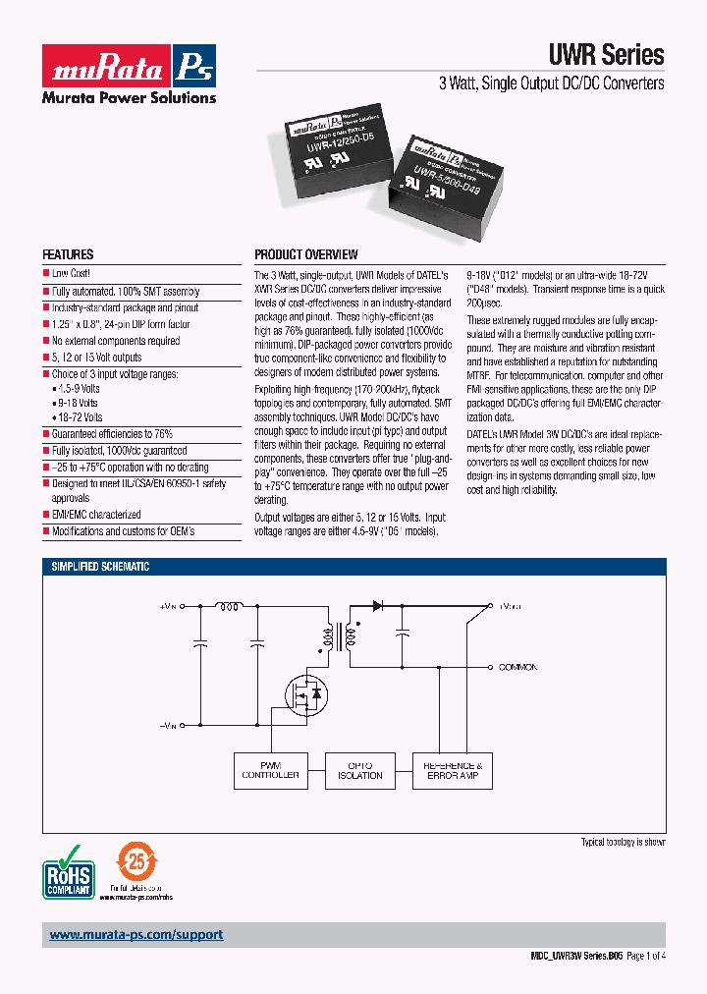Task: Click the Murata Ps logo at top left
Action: pyautogui.click(x=128, y=65)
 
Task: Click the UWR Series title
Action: pyautogui.click(x=605, y=55)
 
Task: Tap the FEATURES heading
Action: pyautogui.click(x=68, y=254)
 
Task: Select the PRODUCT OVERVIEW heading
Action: pyautogui.click(x=306, y=254)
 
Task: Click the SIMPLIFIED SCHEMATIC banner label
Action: pyautogui.click(x=100, y=567)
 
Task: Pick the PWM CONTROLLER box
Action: pyautogui.click(x=270, y=770)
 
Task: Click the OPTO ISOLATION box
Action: pyautogui.click(x=360, y=770)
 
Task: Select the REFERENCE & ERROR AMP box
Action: pyautogui.click(x=451, y=770)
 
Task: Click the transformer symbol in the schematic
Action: pyautogui.click(x=337, y=638)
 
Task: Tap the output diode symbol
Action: pyautogui.click(x=377, y=606)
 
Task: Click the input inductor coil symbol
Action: pyautogui.click(x=230, y=606)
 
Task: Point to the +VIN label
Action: pyautogui.click(x=168, y=607)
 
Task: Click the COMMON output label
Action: pyautogui.click(x=517, y=668)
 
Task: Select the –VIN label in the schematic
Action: pyautogui.click(x=168, y=725)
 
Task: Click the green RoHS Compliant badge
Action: pyautogui.click(x=68, y=870)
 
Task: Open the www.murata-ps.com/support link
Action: pyautogui.click(x=136, y=935)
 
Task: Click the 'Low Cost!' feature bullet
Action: pyautogui.click(x=71, y=274)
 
